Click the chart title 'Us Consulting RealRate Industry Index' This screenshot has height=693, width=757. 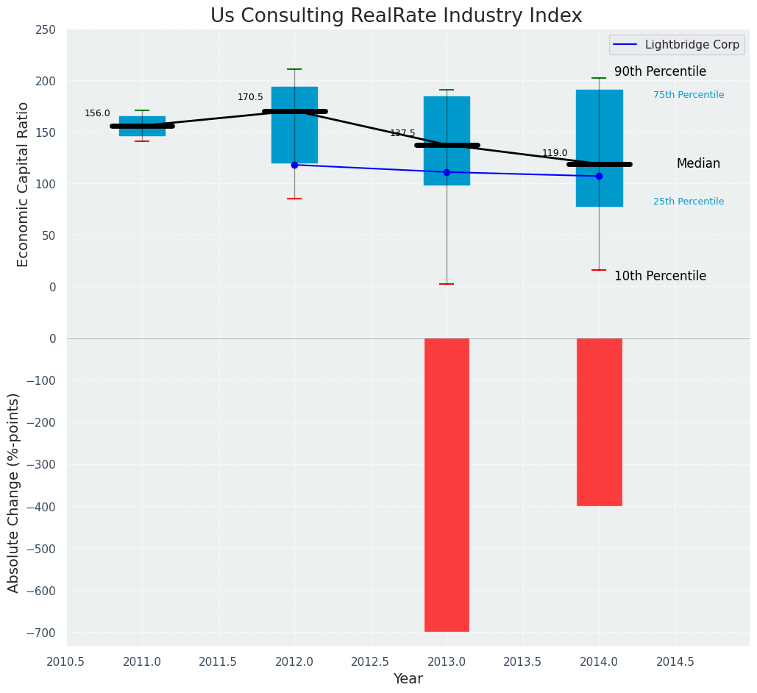pos(396,16)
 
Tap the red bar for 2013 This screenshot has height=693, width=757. pos(447,484)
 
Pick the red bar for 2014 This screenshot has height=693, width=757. pos(599,422)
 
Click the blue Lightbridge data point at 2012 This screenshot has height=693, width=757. pos(294,165)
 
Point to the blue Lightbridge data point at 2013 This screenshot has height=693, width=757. pos(447,172)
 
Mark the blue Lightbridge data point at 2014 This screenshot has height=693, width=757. pos(599,176)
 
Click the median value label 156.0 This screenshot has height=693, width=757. pos(97,113)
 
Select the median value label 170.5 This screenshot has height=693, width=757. pos(250,97)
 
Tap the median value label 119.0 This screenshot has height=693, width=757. pos(555,153)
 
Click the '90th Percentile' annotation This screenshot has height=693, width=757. pos(660,72)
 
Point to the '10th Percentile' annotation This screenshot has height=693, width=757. pos(660,277)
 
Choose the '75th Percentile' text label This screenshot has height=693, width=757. pos(688,95)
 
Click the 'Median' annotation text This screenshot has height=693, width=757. pos(698,164)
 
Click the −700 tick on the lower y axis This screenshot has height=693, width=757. pos(41,633)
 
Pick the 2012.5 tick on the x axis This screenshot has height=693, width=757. pos(371,662)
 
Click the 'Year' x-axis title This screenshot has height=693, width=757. pos(408,679)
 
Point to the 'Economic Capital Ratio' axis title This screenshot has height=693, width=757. pos(23,184)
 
